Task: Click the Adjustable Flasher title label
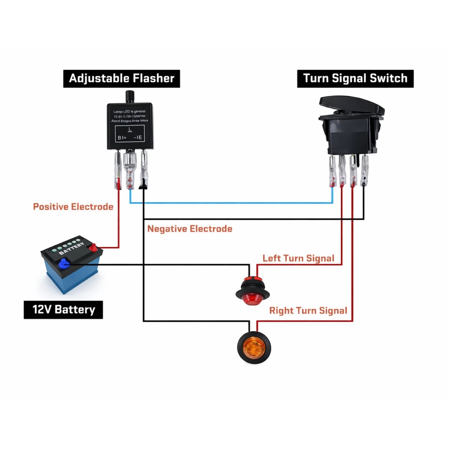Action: pyautogui.click(x=121, y=79)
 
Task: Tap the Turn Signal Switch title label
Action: pyautogui.click(x=355, y=79)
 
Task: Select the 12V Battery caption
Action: pyautogui.click(x=63, y=309)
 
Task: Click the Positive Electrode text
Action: pyautogui.click(x=73, y=207)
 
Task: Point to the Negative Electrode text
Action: pyautogui.click(x=190, y=229)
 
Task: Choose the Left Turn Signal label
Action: pyautogui.click(x=298, y=258)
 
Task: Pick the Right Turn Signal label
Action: pyautogui.click(x=308, y=311)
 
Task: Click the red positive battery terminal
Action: pyautogui.click(x=94, y=248)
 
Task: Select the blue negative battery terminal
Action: pyautogui.click(x=64, y=263)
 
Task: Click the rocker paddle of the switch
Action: pyautogui.click(x=351, y=106)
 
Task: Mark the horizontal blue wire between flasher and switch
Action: pyautogui.click(x=231, y=203)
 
